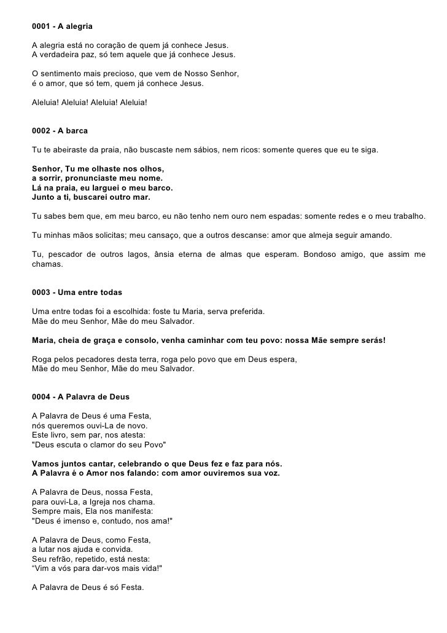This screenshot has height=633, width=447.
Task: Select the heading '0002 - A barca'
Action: pos(60,132)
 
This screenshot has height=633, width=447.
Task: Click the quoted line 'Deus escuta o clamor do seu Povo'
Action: pos(98,444)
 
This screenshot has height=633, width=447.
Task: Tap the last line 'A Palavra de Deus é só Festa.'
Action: pos(87,587)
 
